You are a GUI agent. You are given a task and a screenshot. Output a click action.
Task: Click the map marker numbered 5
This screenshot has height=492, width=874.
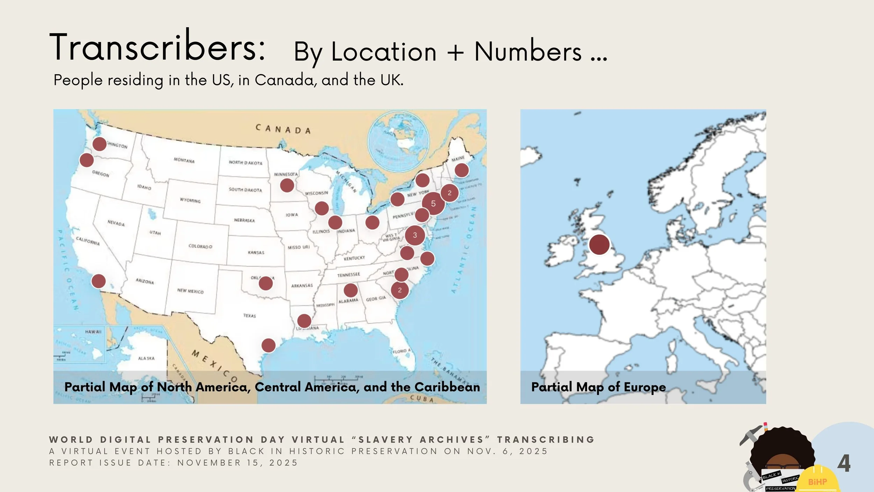tap(433, 203)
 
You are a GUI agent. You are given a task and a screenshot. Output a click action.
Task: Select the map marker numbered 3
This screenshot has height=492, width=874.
tap(415, 235)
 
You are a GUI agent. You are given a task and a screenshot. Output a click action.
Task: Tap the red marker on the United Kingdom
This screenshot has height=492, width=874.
tap(599, 244)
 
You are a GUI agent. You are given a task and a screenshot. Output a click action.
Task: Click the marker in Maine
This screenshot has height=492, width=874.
tap(461, 170)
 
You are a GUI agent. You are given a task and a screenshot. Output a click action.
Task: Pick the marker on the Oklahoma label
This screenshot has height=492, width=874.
tap(266, 283)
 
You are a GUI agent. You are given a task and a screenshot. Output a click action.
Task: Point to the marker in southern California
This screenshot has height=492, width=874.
tap(99, 281)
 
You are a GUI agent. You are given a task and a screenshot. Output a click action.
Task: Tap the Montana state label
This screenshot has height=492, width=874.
tap(184, 160)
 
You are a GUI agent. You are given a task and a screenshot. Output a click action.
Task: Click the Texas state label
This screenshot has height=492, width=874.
tap(250, 316)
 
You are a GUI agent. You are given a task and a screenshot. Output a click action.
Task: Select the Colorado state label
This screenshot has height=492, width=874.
tap(200, 246)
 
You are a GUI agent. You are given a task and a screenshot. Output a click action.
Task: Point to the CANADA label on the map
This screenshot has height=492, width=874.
tap(283, 129)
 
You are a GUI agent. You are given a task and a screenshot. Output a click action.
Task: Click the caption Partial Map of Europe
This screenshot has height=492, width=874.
tap(599, 387)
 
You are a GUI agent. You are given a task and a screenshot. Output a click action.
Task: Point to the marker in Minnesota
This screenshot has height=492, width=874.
tap(287, 185)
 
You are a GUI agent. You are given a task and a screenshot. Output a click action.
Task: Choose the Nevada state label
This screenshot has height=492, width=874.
tap(116, 223)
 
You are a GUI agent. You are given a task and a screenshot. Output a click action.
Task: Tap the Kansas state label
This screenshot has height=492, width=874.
tap(256, 252)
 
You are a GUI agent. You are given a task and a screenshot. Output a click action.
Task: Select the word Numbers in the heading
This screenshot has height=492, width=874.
tap(528, 52)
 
